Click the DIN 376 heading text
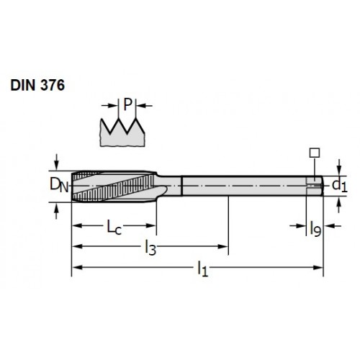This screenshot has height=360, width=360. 37,85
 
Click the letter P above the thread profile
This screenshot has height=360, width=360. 127,104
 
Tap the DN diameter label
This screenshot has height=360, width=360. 59,185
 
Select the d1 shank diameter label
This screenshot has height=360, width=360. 340,186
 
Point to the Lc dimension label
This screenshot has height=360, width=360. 114,227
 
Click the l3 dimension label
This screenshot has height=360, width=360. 150,248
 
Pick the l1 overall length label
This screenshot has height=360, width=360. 203,269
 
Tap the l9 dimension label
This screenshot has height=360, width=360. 315,229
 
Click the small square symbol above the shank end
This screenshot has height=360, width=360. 315,153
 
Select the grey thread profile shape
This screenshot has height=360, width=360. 122,133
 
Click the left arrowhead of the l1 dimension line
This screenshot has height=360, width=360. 77,267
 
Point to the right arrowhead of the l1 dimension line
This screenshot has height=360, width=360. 318,267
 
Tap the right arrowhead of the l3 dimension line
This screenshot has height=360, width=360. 222,246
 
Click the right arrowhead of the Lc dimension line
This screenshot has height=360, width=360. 151,225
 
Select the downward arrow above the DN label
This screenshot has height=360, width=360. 56,162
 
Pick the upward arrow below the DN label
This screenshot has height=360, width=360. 56,211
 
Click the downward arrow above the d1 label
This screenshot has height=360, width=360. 338,167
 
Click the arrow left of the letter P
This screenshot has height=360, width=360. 109,105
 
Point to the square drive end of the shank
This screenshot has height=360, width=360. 315,186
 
